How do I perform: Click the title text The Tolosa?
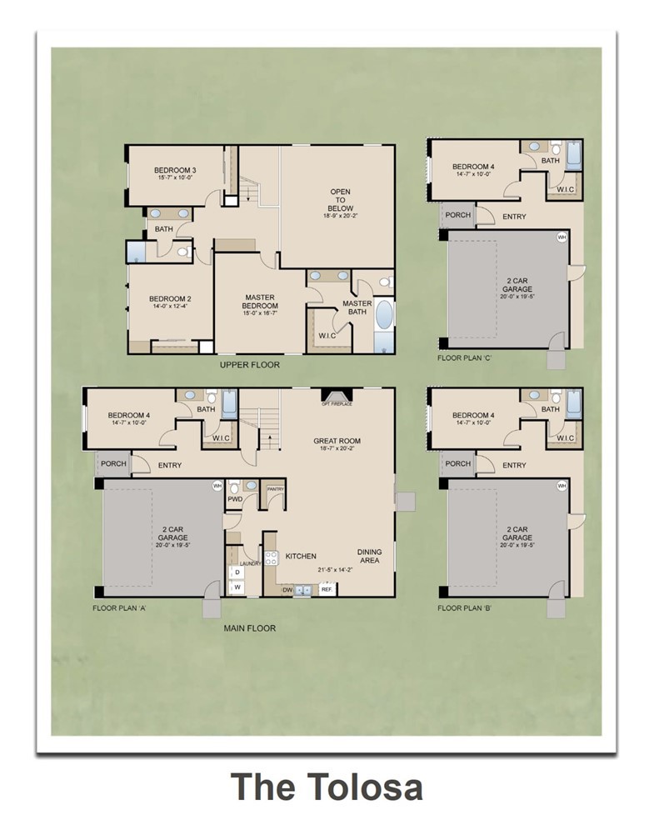pyautogui.click(x=326, y=787)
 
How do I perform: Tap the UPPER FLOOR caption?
pyautogui.click(x=250, y=365)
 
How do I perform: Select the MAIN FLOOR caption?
pyautogui.click(x=250, y=628)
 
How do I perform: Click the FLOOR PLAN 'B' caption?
pyautogui.click(x=464, y=609)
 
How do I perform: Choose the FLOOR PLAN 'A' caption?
pyautogui.click(x=119, y=609)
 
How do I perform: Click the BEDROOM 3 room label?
pyautogui.click(x=175, y=173)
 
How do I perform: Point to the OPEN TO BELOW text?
pyautogui.click(x=340, y=201)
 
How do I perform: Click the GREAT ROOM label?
pyautogui.click(x=337, y=442)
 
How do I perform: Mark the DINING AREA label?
pyautogui.click(x=370, y=557)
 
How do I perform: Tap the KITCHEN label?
pyautogui.click(x=301, y=556)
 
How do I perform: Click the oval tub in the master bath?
pyautogui.click(x=384, y=317)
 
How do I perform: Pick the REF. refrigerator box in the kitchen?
pyautogui.click(x=327, y=590)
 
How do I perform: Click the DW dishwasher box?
pyautogui.click(x=287, y=590)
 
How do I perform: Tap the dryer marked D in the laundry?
pyautogui.click(x=237, y=573)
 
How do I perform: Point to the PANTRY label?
pyautogui.click(x=273, y=489)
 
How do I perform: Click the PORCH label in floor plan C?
pyautogui.click(x=457, y=215)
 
